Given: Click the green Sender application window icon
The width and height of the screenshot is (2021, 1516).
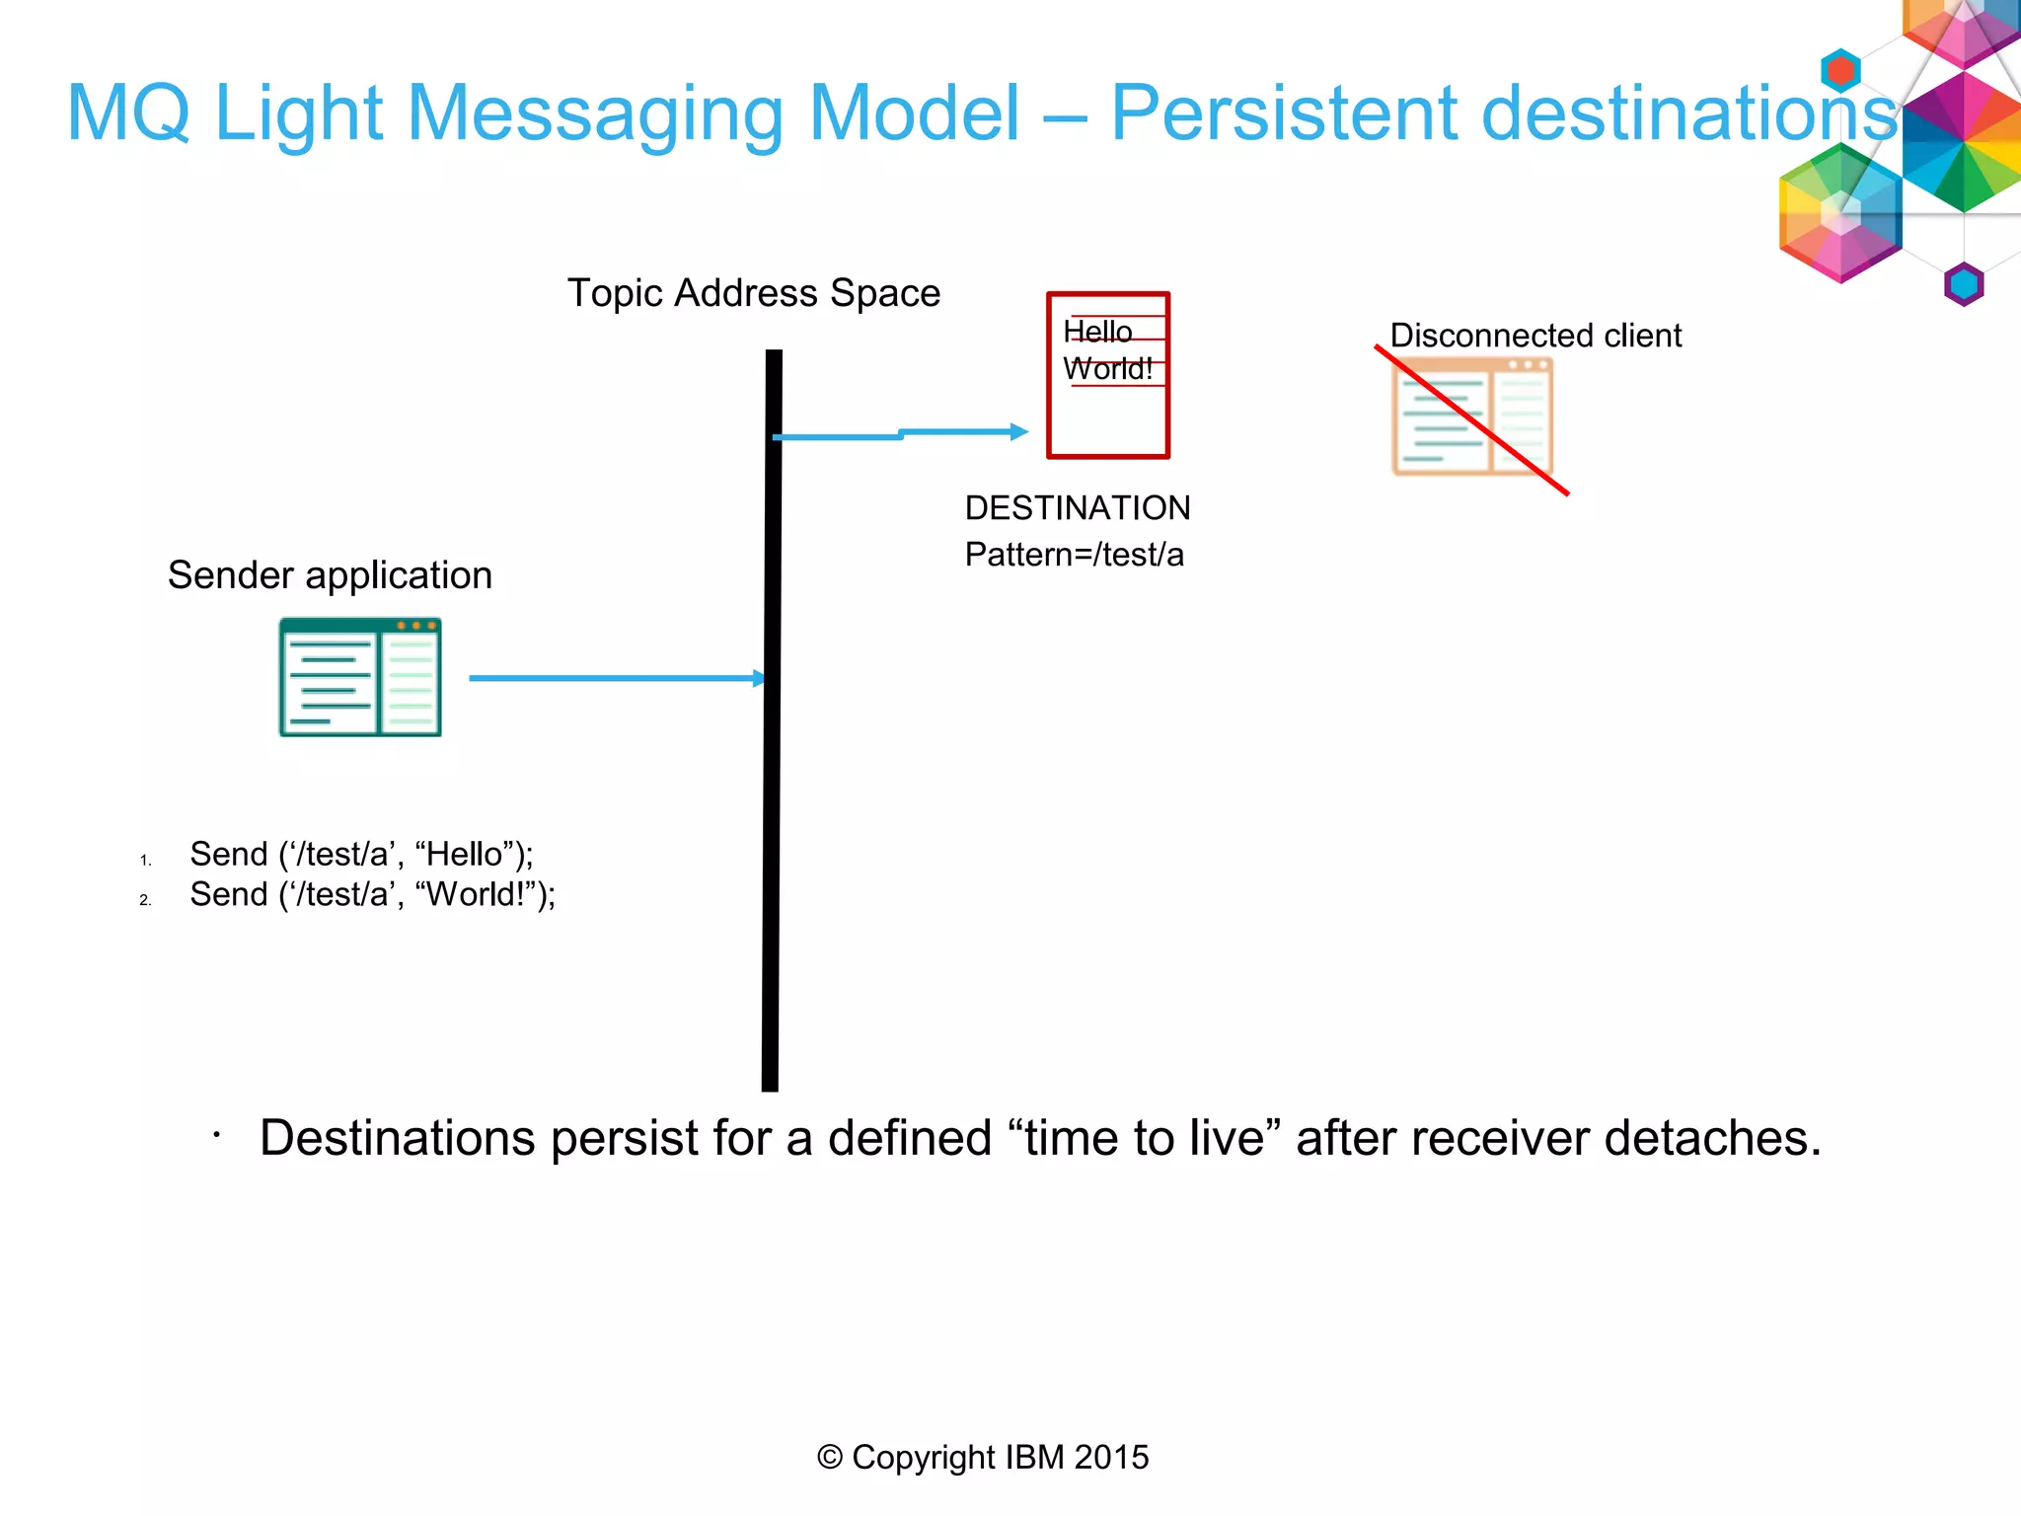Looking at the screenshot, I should click(360, 677).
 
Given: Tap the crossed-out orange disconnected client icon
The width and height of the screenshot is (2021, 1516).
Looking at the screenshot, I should click(1471, 417).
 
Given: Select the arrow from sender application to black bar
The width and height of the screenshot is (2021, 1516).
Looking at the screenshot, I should click(612, 678).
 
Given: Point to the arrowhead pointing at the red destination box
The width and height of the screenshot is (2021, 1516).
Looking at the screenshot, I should click(1019, 431).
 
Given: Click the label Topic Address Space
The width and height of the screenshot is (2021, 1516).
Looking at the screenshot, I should click(753, 293).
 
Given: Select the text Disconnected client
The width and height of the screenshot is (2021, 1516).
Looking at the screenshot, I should click(1534, 336).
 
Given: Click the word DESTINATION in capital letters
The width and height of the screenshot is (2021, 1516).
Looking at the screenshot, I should click(1077, 508).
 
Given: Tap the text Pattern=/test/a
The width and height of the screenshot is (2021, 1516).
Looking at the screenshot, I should click(1074, 555).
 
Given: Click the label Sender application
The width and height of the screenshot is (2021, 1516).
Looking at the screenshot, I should click(330, 575).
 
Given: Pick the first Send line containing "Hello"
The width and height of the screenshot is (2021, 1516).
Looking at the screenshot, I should click(361, 854).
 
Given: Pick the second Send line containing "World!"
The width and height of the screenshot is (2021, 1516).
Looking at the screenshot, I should click(372, 894).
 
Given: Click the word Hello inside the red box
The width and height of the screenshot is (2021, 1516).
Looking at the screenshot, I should click(1097, 332).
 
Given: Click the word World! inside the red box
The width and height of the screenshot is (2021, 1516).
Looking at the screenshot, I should click(1107, 369).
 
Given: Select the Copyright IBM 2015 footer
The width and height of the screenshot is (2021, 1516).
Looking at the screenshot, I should click(983, 1457).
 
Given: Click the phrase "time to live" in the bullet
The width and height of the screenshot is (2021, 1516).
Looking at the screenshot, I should click(1144, 1138).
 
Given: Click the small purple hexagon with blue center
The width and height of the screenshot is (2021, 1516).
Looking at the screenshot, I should click(1963, 284).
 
